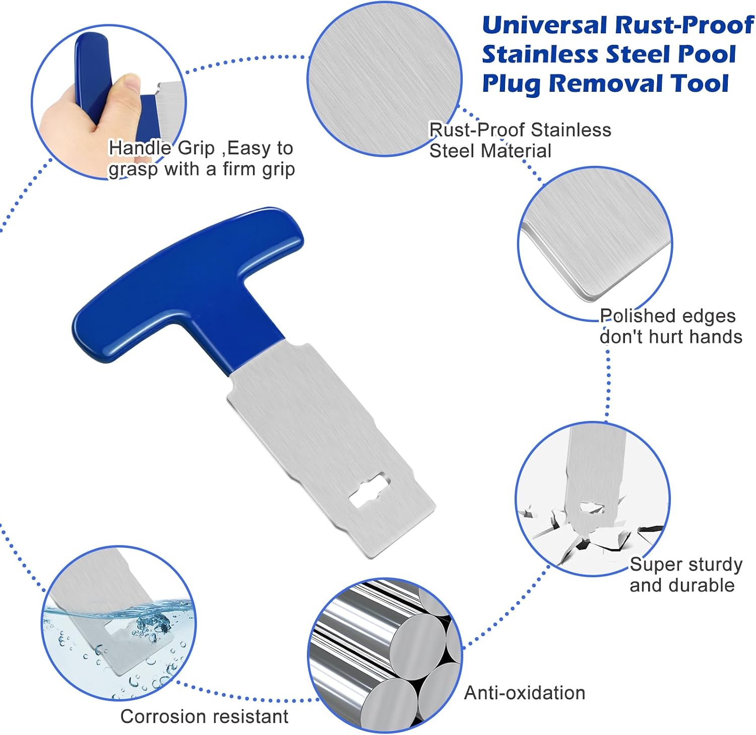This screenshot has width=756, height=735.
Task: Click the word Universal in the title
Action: coord(544,26)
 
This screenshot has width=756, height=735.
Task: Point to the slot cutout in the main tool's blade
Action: coord(370,490)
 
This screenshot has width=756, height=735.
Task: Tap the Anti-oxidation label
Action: coord(525,693)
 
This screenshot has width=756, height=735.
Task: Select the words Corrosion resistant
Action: coord(204,716)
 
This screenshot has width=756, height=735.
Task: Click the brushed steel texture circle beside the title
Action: coord(385,79)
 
